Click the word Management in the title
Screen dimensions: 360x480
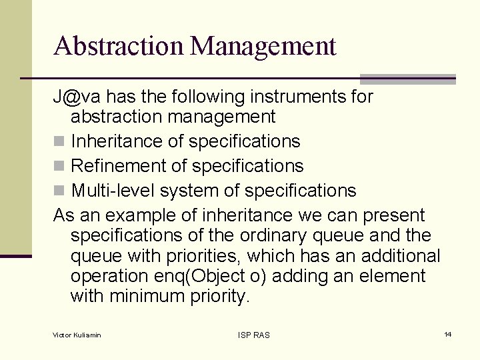pyautogui.click(x=263, y=46)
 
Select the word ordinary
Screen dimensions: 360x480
pyautogui.click(x=293, y=236)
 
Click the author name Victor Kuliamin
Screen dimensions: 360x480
pyautogui.click(x=77, y=335)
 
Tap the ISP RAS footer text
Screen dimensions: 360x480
pyautogui.click(x=254, y=335)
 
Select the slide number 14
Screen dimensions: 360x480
pyautogui.click(x=448, y=334)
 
